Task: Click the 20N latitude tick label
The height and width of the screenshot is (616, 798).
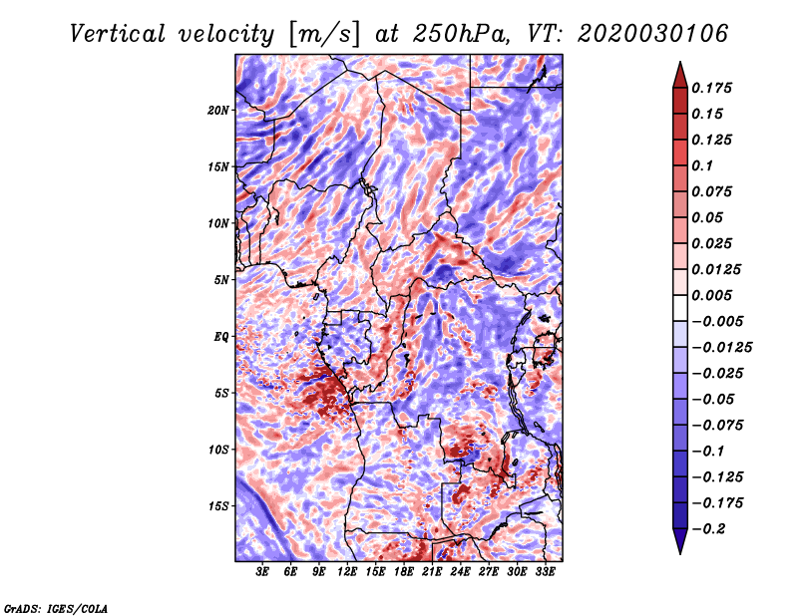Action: coord(218,111)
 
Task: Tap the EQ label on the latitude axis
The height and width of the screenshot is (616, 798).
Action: coord(220,337)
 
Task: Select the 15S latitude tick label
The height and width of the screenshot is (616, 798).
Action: coord(218,506)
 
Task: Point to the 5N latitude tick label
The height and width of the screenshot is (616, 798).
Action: coord(221,280)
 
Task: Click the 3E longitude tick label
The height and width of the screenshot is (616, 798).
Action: coord(262,572)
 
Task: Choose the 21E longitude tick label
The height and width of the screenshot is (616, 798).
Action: coord(432,572)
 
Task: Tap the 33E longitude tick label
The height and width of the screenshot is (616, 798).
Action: coord(545,572)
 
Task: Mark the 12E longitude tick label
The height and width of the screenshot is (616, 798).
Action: coord(346,572)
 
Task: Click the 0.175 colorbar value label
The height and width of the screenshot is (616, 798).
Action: coord(711,88)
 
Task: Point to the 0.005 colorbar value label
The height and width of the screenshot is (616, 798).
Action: coord(711,295)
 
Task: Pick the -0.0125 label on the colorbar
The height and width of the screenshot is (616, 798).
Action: coord(721,348)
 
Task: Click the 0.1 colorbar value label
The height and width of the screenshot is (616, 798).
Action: coord(702,165)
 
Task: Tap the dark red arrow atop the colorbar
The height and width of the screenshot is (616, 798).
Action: coord(680,75)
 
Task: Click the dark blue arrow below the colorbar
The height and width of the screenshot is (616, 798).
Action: coord(680,541)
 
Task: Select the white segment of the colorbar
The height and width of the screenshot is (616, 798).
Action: coord(680,308)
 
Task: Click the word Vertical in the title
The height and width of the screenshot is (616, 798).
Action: coord(118,34)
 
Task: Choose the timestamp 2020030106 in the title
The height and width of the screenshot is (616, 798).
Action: coord(653,34)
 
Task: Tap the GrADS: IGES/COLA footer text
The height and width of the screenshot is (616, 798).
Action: coord(56,609)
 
